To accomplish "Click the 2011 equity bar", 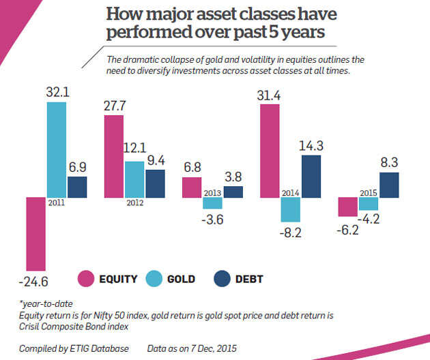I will (x=35, y=233).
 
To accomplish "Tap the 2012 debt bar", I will (x=154, y=183).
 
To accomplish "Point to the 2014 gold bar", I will (x=291, y=210).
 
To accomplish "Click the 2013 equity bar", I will (x=192, y=187).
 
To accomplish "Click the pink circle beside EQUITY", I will (x=87, y=278).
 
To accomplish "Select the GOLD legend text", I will (x=181, y=279).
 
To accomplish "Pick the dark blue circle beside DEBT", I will (x=222, y=278).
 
